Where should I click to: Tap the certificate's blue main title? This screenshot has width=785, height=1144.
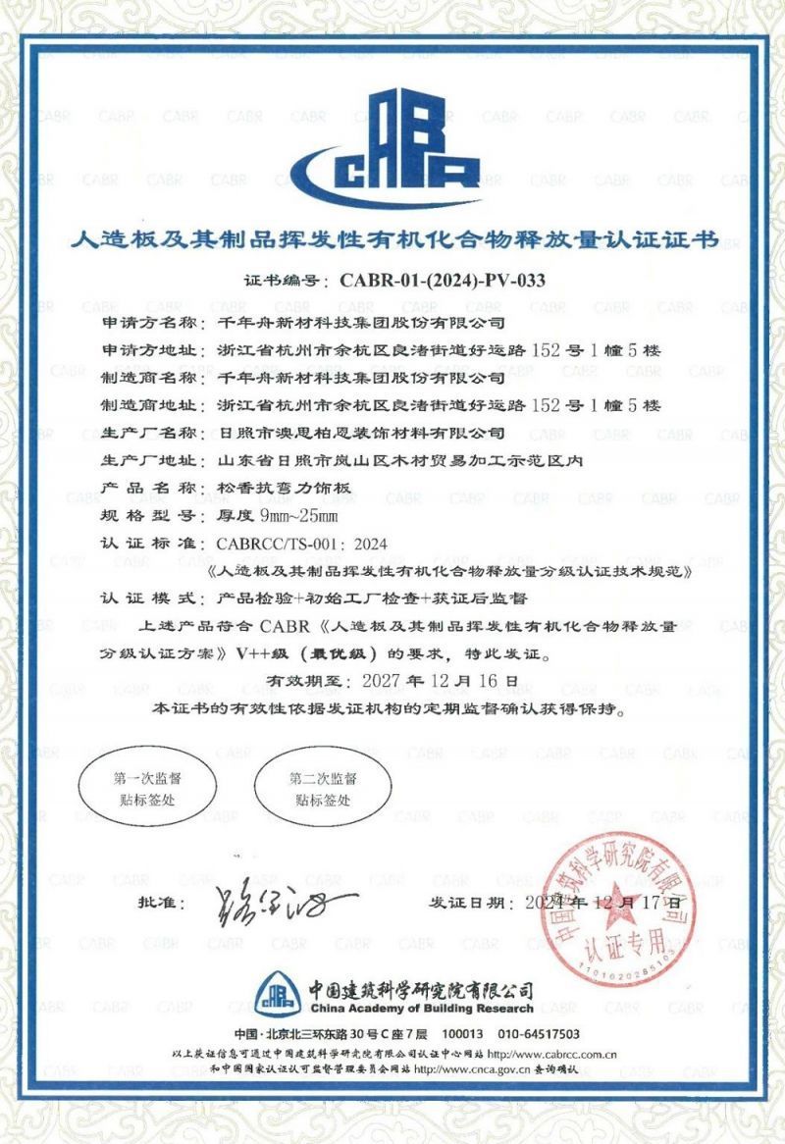tap(392, 239)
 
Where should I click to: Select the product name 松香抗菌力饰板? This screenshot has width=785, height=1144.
tap(281, 488)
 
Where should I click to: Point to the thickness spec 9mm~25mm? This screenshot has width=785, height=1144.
tap(283, 515)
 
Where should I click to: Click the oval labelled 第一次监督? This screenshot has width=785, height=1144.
tap(146, 788)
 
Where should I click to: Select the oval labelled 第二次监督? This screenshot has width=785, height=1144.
tap(322, 788)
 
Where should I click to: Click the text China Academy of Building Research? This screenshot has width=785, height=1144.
tap(421, 1009)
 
